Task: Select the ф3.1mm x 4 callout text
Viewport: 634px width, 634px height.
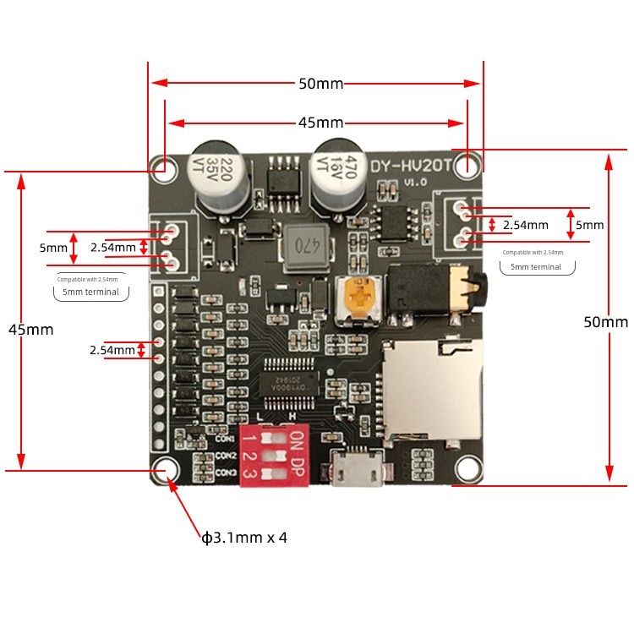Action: pyautogui.click(x=243, y=538)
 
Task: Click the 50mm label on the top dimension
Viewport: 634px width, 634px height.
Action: pyautogui.click(x=320, y=84)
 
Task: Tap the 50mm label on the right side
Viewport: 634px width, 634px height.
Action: pyautogui.click(x=605, y=322)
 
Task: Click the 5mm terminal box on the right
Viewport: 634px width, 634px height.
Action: pyautogui.click(x=536, y=267)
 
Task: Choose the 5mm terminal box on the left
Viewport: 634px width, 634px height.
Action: pyautogui.click(x=92, y=292)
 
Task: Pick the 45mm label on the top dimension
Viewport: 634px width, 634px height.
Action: pyautogui.click(x=320, y=123)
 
